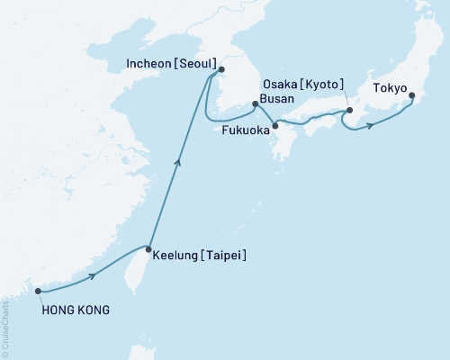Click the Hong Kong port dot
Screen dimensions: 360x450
(x=38, y=291)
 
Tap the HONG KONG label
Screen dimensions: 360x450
(x=76, y=310)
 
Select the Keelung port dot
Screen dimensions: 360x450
(x=148, y=247)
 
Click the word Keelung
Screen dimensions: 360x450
(x=176, y=256)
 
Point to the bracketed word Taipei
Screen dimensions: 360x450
(x=225, y=256)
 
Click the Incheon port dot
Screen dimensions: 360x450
(x=221, y=68)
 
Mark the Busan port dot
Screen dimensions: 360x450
(x=256, y=104)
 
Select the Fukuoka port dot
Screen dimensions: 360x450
(x=275, y=125)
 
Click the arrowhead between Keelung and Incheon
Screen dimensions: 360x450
(x=178, y=162)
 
